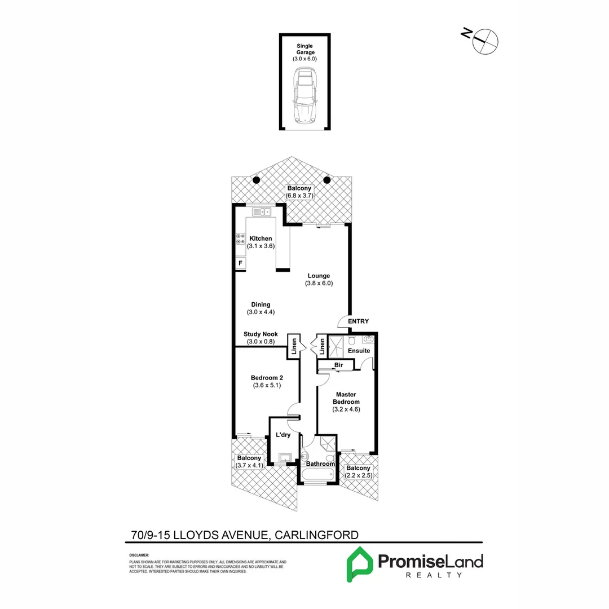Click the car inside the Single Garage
304,97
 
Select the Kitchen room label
261,239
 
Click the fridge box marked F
241,263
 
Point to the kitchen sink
262,212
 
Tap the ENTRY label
358,321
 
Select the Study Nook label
261,334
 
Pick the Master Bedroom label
347,398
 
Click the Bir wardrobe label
339,365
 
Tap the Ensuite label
359,351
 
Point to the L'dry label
282,435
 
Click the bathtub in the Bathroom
319,475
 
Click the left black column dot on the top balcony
255,180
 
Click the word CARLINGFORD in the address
317,535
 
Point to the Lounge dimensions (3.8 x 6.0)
319,284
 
